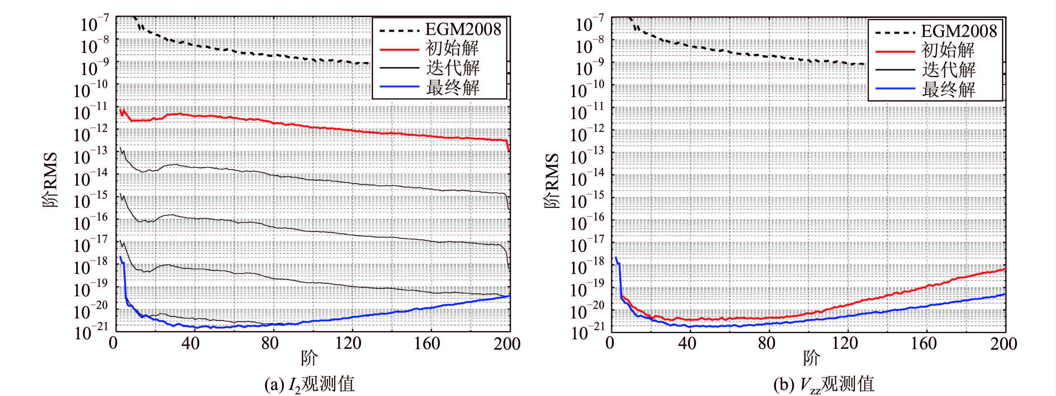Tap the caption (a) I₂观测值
point(310,384)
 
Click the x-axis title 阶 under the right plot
point(811,359)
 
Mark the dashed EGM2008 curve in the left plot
point(246,53)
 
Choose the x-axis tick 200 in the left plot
point(507,343)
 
